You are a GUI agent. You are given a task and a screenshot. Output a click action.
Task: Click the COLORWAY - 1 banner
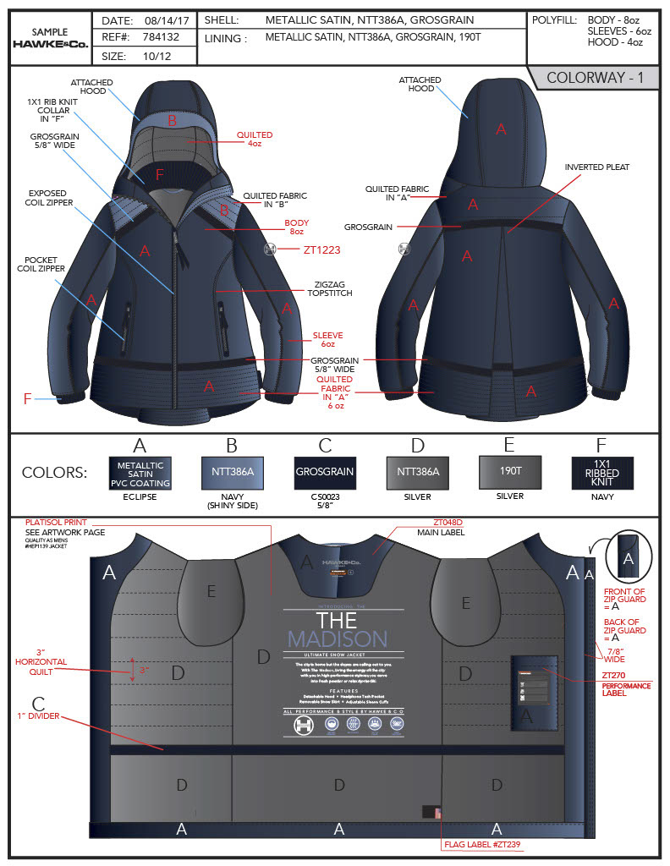[x=596, y=78]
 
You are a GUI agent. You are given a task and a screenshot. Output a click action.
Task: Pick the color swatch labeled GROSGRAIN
[x=324, y=471]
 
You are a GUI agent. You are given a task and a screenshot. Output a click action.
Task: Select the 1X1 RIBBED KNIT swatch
[x=601, y=471]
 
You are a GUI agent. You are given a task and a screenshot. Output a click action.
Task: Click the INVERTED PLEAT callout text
[x=597, y=167]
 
